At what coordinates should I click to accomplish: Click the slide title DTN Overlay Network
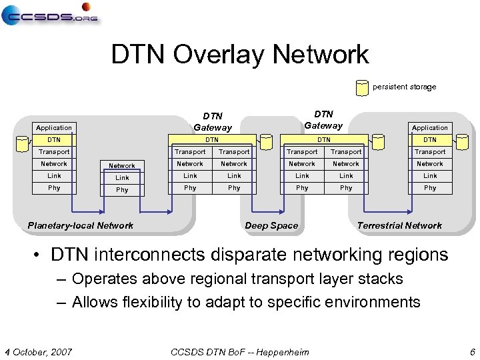point(239,55)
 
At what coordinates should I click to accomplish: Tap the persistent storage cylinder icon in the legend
point(362,87)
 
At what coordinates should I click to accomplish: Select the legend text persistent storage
point(404,87)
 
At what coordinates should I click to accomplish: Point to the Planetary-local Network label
point(80,225)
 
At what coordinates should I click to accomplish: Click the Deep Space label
point(271,225)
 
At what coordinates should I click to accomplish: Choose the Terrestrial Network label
point(399,225)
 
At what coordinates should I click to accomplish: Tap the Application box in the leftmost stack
point(54,127)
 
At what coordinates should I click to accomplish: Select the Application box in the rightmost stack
point(430,127)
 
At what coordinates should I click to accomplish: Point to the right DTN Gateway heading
point(323,119)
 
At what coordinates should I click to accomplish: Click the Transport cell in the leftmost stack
point(54,151)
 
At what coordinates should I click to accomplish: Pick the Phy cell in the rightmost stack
point(430,188)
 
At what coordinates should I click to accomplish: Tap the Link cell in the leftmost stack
point(54,176)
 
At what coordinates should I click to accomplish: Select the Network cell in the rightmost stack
point(430,163)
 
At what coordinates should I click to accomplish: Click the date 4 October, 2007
point(39,352)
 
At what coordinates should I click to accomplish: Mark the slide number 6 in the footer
point(472,352)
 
